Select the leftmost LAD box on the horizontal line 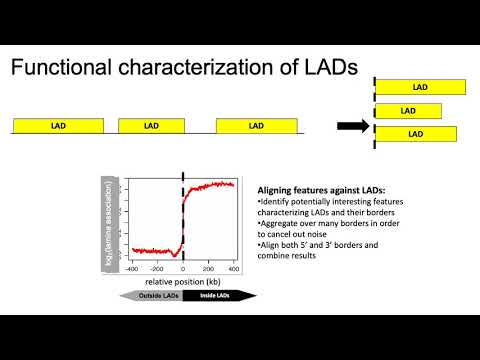(59, 126)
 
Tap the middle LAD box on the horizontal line (150, 126)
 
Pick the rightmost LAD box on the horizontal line (256, 126)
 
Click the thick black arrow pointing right (352, 126)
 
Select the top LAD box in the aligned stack (420, 88)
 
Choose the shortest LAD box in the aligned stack (407, 110)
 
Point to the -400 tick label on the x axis (131, 269)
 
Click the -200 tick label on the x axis (157, 269)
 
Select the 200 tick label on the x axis (208, 269)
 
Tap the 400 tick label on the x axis (233, 269)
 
